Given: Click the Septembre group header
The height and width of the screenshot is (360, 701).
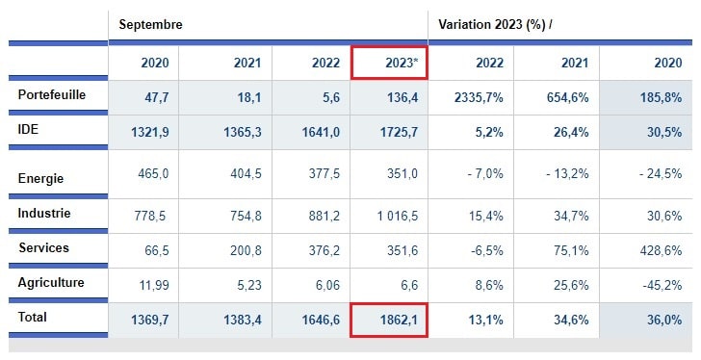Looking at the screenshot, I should [150, 23].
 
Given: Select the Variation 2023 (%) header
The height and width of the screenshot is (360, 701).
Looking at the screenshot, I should [495, 23].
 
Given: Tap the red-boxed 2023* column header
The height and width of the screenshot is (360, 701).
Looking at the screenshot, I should [389, 64].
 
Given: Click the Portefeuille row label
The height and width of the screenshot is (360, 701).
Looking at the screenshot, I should [51, 95].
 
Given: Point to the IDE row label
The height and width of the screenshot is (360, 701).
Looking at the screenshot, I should [29, 129].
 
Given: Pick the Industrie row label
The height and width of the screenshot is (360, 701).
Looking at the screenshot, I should [44, 213].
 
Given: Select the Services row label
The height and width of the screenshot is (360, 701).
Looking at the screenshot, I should [43, 247].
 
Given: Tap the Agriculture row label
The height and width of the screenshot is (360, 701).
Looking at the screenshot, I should [51, 282].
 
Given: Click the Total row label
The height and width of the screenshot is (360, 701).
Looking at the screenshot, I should [33, 316].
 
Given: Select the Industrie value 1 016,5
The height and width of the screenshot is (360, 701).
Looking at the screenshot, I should [391, 216].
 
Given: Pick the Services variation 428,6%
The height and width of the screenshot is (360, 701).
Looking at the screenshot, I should [660, 250].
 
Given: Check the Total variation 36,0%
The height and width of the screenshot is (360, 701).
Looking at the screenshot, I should [661, 321].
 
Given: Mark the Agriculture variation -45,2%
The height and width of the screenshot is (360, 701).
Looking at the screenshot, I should [660, 285].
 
